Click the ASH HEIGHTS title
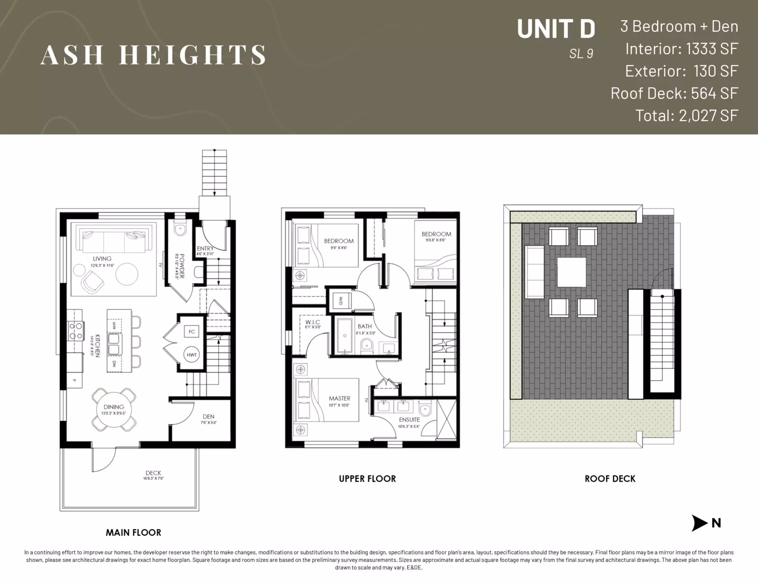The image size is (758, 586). tap(153, 54)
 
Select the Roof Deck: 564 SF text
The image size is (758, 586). tap(674, 93)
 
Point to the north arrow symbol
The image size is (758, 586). tap(700, 523)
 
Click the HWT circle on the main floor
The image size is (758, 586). tap(191, 355)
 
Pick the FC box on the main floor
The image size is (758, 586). tap(191, 332)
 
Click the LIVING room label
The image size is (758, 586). tap(102, 259)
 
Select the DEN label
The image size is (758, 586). tap(208, 417)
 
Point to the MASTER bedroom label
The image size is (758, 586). tap(340, 398)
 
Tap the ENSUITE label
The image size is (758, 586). tap(409, 420)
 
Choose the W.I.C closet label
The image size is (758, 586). tap(313, 322)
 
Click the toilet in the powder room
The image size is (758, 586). tap(180, 229)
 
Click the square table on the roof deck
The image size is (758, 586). tap(571, 272)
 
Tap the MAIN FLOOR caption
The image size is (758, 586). tap(133, 532)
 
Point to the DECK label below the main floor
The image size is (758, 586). tap(153, 473)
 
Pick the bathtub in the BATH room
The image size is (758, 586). tap(345, 336)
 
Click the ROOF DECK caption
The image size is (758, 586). tap(610, 479)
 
